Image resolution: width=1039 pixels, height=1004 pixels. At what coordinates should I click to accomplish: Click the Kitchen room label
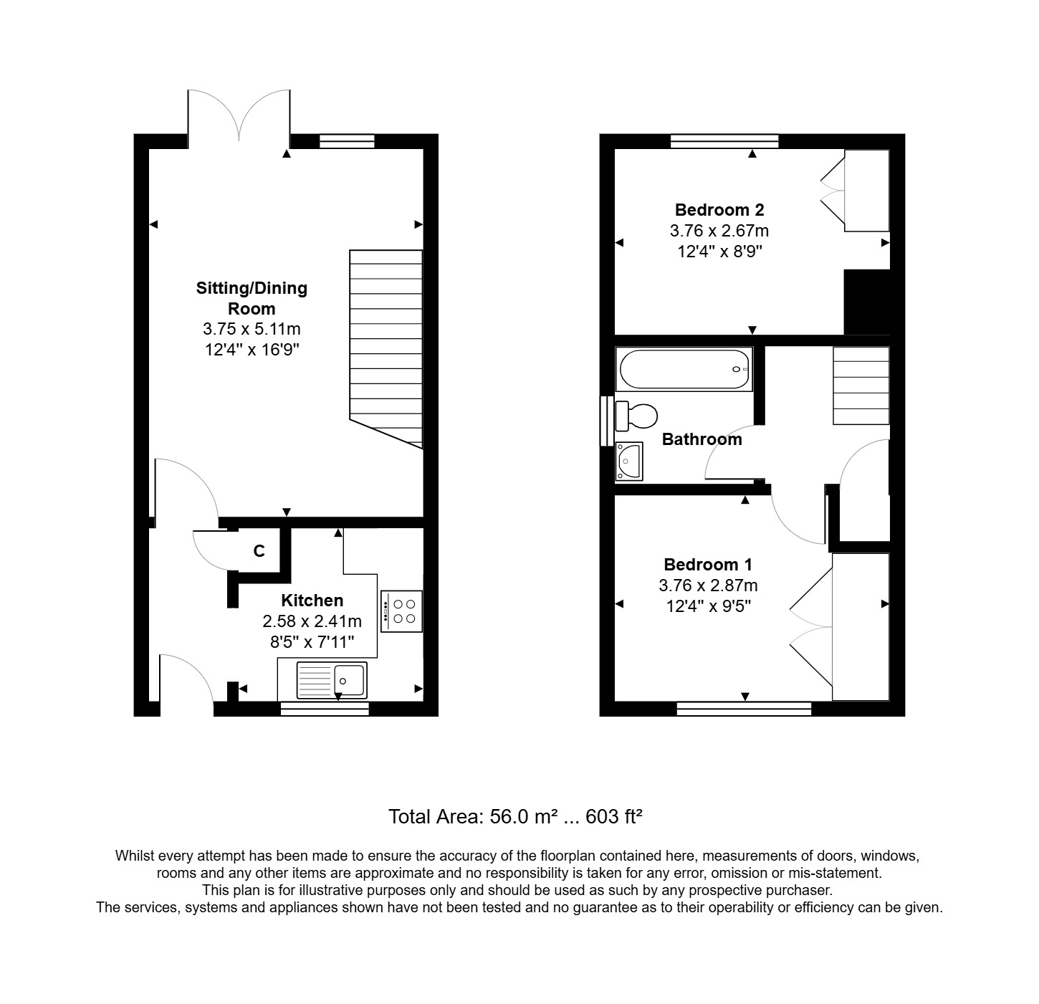312,601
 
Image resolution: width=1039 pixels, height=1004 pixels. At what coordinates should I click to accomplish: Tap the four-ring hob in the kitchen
401,611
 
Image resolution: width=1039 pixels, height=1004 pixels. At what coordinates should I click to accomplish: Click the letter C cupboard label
259,551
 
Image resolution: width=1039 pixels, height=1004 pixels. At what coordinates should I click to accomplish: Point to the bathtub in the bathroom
684,369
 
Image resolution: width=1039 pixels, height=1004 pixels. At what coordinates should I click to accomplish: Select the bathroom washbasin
630,460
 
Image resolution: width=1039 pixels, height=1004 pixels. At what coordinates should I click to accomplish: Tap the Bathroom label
702,439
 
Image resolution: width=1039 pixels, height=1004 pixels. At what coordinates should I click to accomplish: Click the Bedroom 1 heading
708,565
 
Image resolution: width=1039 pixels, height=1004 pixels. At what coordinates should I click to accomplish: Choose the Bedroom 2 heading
719,210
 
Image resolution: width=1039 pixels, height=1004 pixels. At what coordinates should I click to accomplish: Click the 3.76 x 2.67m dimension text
719,231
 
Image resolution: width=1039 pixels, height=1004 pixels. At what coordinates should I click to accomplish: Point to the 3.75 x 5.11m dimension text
252,330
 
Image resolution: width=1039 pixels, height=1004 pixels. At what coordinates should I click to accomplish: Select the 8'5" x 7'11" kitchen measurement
312,642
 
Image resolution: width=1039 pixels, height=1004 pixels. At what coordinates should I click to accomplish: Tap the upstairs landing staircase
861,386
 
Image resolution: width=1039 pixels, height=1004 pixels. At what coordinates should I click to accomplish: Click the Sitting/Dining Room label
252,298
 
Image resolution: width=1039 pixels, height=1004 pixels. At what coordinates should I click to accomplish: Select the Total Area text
514,817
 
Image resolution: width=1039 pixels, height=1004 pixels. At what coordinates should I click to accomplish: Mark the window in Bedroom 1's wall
744,709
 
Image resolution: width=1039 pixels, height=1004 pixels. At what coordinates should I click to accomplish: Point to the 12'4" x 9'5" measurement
708,606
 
